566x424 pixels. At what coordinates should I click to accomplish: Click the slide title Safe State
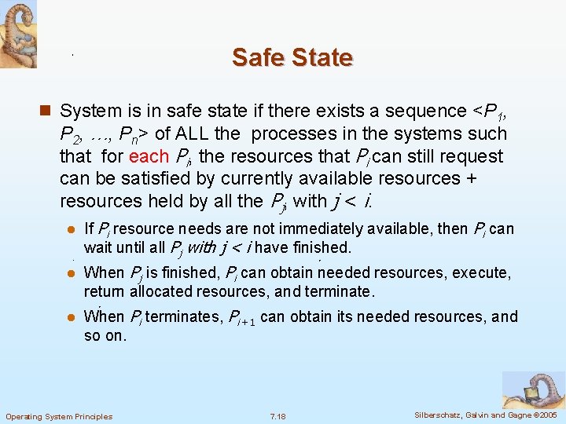pos(292,57)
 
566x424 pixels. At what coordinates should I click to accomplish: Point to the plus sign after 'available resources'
pos(471,178)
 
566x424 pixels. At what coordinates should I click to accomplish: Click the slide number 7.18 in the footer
pos(277,416)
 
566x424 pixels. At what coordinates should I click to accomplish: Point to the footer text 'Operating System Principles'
pos(59,416)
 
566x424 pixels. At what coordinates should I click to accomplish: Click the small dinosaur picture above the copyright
pos(533,390)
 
